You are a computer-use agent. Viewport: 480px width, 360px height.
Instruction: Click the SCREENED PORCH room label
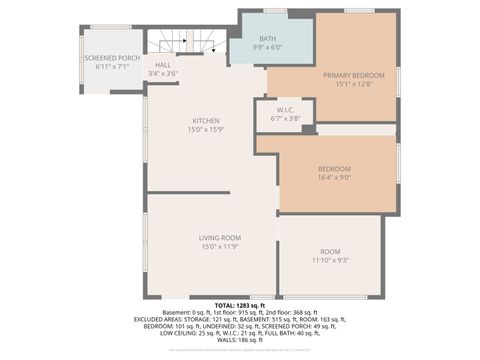click(x=111, y=59)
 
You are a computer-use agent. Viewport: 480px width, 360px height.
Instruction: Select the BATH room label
click(x=267, y=38)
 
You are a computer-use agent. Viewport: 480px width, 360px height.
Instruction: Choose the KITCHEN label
click(x=206, y=121)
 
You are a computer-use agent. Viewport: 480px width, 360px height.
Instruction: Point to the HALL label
click(x=164, y=65)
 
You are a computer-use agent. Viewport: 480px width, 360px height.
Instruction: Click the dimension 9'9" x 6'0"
click(x=267, y=47)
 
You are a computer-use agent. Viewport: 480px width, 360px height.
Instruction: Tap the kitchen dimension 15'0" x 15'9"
click(x=206, y=130)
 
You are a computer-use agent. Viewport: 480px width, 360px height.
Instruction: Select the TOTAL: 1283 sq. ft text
click(x=239, y=305)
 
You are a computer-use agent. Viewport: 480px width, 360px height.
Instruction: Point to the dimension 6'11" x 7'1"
click(x=111, y=67)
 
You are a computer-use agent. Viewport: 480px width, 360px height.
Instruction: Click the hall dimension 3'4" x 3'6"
click(x=164, y=74)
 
